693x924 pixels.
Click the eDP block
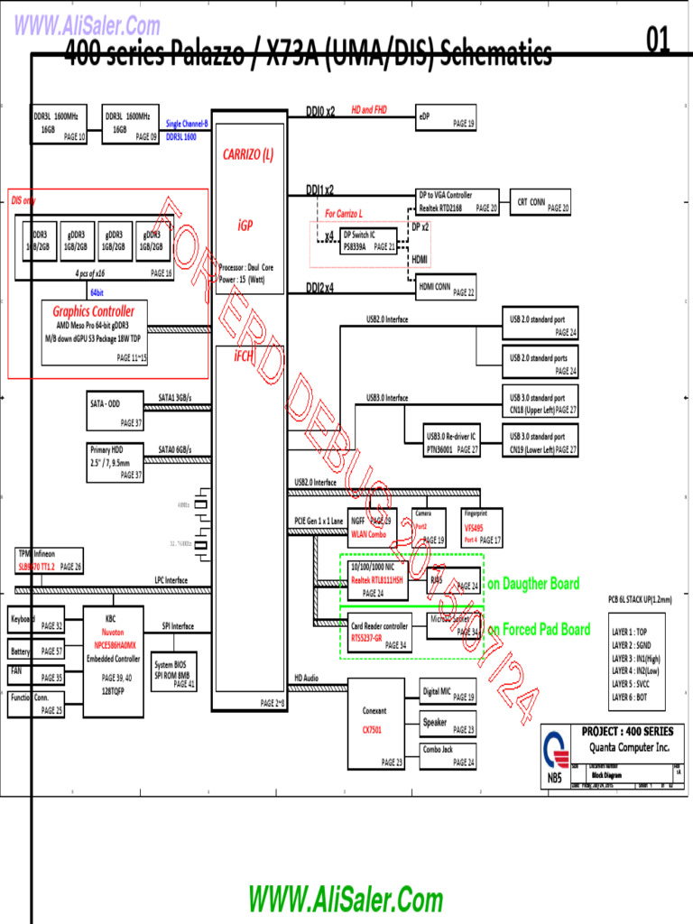446,120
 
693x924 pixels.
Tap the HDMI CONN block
446,289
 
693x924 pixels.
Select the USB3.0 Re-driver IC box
453,442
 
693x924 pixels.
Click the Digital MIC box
448,695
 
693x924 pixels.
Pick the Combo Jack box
448,755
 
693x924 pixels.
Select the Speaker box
448,725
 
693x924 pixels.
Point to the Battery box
36,651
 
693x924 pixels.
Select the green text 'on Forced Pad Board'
539,629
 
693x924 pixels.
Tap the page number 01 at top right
659,40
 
